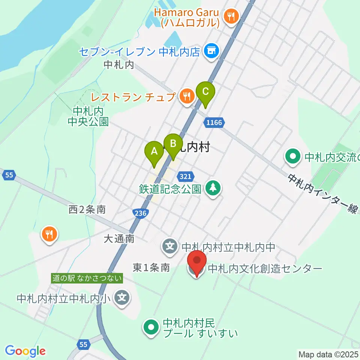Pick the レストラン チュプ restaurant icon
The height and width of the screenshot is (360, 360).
coord(186,97)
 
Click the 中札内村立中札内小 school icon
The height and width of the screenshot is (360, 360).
coord(123,298)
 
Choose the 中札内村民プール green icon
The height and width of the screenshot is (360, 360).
coord(151,327)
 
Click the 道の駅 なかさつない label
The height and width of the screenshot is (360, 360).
coord(87,278)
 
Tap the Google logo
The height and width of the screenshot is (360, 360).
coord(25,351)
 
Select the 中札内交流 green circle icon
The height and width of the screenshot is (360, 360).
coord(293,156)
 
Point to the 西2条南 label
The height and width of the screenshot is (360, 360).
coord(87,209)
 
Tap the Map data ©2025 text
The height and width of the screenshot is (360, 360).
coord(328,354)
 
